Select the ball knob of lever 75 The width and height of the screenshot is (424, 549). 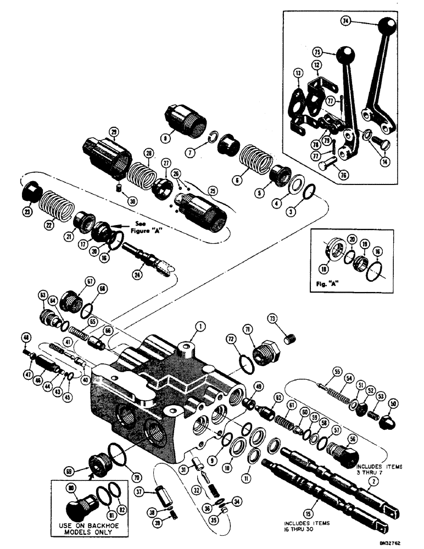coord(346,55)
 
